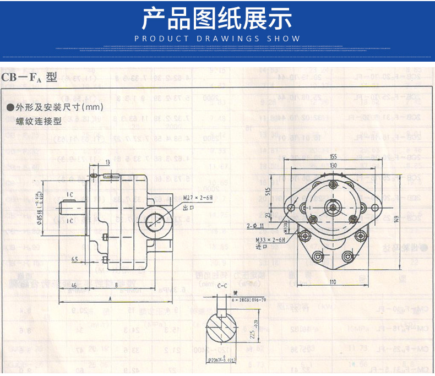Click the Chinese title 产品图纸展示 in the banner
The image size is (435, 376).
pyautogui.click(x=217, y=19)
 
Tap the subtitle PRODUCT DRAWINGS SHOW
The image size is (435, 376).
pyautogui.click(x=218, y=39)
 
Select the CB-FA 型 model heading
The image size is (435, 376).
pyautogui.click(x=29, y=78)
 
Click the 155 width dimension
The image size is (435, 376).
pyautogui.click(x=333, y=157)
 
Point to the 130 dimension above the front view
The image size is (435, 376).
pyautogui.click(x=333, y=165)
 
